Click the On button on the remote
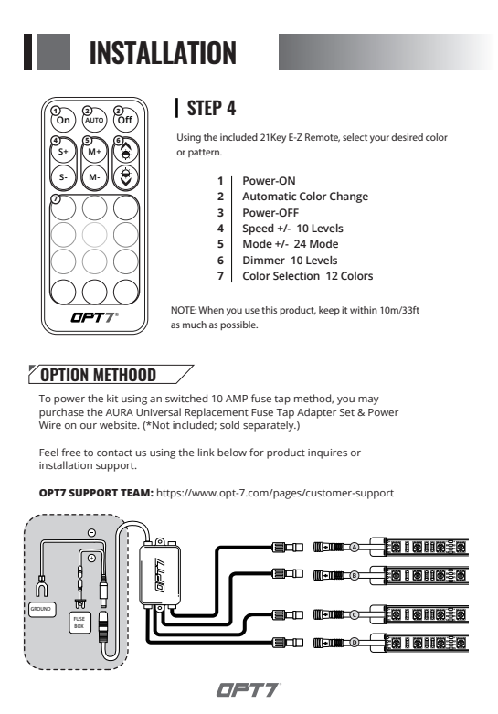click(63, 120)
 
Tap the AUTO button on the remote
click(94, 120)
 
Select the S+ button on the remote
click(63, 151)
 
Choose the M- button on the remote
click(94, 177)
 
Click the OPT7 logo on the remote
click(94, 317)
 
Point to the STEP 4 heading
click(211, 109)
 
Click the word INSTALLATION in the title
click(163, 52)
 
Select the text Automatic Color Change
click(305, 197)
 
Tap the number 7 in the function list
click(220, 276)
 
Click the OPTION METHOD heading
click(99, 375)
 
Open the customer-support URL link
click(275, 493)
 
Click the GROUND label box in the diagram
click(42, 609)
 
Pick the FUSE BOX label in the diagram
click(79, 623)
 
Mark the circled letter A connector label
click(355, 547)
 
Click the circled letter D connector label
click(355, 643)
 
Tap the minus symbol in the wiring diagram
click(91, 532)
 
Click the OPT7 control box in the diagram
click(160, 575)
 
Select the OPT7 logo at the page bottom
click(249, 690)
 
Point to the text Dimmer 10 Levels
click(290, 261)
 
